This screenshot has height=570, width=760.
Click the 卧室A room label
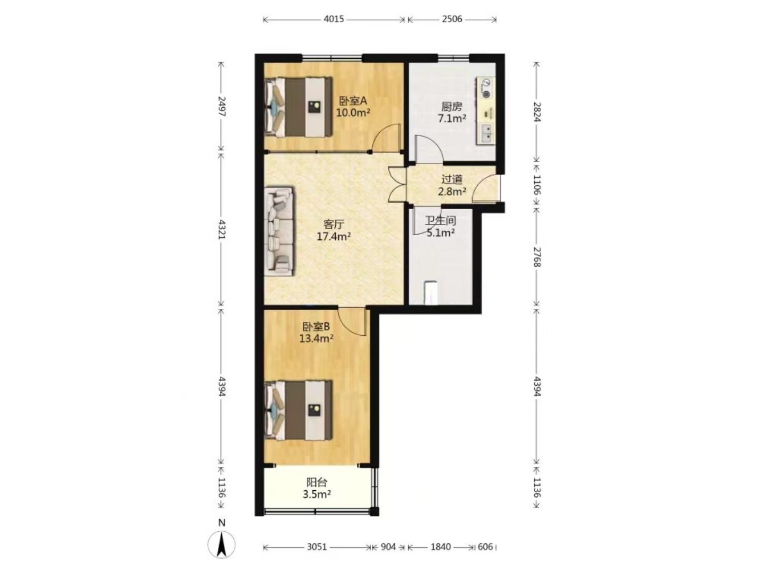pyautogui.click(x=352, y=101)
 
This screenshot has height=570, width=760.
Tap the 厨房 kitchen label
pyautogui.click(x=452, y=107)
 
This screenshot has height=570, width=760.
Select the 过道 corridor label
pyautogui.click(x=452, y=180)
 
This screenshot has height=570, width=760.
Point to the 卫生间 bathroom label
pyautogui.click(x=440, y=221)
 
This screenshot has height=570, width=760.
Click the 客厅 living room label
pyautogui.click(x=334, y=224)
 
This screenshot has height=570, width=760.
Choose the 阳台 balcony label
pyautogui.click(x=316, y=482)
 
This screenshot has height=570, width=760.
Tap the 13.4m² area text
pyautogui.click(x=316, y=338)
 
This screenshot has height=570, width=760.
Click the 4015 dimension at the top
pyautogui.click(x=334, y=19)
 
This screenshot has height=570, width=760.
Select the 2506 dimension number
pyautogui.click(x=452, y=19)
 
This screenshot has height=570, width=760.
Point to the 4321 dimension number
pyautogui.click(x=222, y=230)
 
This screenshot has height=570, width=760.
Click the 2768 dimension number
pyautogui.click(x=537, y=257)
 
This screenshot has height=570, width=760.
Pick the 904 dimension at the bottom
pyautogui.click(x=388, y=547)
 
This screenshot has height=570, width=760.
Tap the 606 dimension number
pyautogui.click(x=485, y=547)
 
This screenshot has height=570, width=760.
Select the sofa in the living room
pyautogui.click(x=279, y=231)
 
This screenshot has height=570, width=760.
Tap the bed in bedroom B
pyautogui.click(x=298, y=410)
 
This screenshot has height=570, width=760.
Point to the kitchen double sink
pyautogui.click(x=486, y=133)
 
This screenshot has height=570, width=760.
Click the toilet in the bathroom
pyautogui.click(x=431, y=292)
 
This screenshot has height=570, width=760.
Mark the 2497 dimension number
pyautogui.click(x=222, y=107)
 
